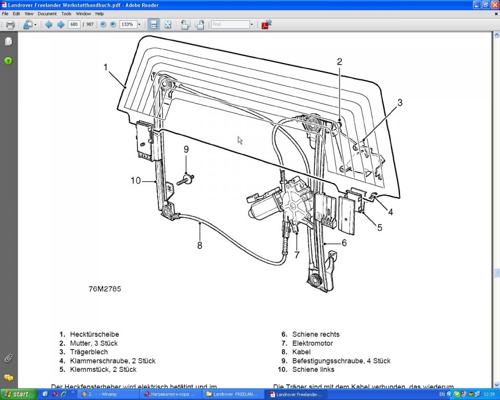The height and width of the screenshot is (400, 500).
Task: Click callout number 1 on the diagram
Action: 106,67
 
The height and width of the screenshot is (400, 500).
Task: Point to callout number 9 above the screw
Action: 186,149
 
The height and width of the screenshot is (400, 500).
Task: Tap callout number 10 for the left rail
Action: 135,181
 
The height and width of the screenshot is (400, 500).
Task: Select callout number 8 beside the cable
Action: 199,245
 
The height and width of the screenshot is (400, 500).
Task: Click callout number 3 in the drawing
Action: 400,103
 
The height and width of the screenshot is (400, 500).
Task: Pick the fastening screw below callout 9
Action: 186,180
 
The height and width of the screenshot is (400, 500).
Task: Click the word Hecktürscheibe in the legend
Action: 94,334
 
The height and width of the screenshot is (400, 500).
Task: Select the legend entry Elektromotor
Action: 312,343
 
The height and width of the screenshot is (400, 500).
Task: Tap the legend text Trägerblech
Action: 89,352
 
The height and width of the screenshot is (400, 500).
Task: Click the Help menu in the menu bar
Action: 99,14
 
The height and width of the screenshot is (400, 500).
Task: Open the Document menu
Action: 47,14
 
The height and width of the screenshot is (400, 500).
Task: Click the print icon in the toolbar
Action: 10,24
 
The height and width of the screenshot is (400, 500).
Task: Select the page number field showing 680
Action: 74,24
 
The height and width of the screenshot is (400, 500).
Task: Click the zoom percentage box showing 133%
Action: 128,24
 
